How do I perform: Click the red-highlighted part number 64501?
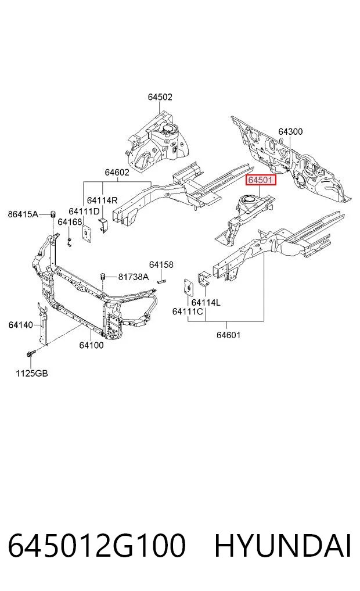click(x=261, y=180)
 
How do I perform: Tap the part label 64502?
click(x=160, y=97)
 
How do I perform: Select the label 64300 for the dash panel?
click(x=290, y=131)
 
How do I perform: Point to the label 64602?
click(x=117, y=172)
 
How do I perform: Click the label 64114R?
click(x=102, y=200)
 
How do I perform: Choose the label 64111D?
click(x=84, y=212)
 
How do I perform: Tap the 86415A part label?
click(x=23, y=214)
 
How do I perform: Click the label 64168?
click(x=70, y=222)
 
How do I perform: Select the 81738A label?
click(x=134, y=277)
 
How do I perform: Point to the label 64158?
click(x=161, y=264)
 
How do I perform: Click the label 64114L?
click(x=206, y=302)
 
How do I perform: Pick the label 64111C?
click(x=188, y=311)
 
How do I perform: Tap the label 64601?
click(x=228, y=335)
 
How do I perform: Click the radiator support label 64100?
click(x=91, y=345)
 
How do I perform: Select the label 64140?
click(x=21, y=324)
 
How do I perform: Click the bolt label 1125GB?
click(x=31, y=374)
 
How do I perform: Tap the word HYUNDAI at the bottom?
click(x=283, y=546)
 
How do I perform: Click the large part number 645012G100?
click(x=97, y=546)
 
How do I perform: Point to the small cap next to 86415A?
click(x=53, y=214)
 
